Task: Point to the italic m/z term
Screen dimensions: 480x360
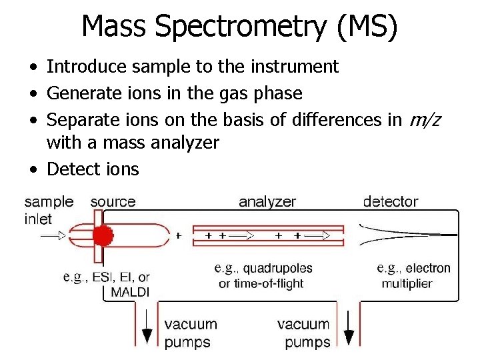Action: tap(426, 120)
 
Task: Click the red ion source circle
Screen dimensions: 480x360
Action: tap(102, 235)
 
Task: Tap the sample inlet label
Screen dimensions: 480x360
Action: tap(49, 210)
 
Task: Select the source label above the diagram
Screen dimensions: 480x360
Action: tap(113, 201)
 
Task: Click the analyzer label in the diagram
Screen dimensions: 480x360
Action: tap(267, 201)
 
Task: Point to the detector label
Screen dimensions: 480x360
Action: tap(391, 201)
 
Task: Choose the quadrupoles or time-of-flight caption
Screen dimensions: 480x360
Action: tap(262, 276)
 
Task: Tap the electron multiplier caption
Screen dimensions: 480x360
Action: tap(413, 276)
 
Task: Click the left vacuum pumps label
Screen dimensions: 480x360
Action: tap(191, 333)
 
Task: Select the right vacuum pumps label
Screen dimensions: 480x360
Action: tap(303, 333)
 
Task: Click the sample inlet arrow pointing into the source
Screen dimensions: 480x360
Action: tap(53, 235)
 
